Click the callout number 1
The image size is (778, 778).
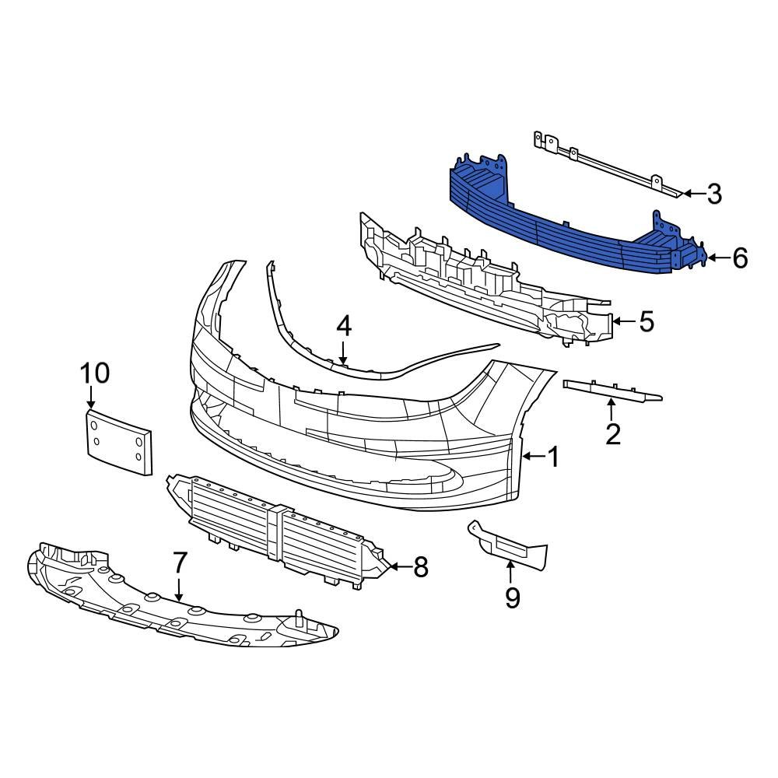click(553, 457)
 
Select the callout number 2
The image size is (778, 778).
click(613, 433)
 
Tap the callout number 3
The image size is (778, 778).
click(714, 194)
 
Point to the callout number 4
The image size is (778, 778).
click(344, 327)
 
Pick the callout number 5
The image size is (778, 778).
click(646, 321)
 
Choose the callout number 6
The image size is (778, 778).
click(739, 258)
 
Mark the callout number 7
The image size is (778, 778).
click(180, 561)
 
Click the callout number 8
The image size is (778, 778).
click(420, 568)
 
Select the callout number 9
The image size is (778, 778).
click(512, 597)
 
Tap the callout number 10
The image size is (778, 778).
click(96, 373)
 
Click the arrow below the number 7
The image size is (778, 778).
click(180, 588)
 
